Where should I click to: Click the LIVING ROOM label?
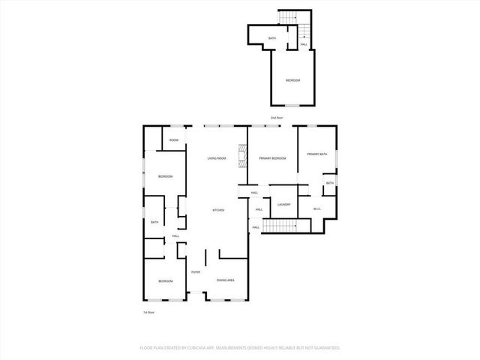217,158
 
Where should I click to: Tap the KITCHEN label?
218,210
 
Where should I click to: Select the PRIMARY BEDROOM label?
273,158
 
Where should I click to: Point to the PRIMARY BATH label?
316,154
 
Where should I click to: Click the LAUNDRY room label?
283,204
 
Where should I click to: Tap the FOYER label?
196,271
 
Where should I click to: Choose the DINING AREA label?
226,280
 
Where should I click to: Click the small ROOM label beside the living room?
173,140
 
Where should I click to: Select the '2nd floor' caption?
277,118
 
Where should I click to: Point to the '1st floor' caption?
148,311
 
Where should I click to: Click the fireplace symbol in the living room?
242,157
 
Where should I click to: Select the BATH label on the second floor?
272,37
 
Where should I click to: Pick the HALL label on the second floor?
304,45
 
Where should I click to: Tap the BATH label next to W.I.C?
329,183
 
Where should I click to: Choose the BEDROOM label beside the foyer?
165,280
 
